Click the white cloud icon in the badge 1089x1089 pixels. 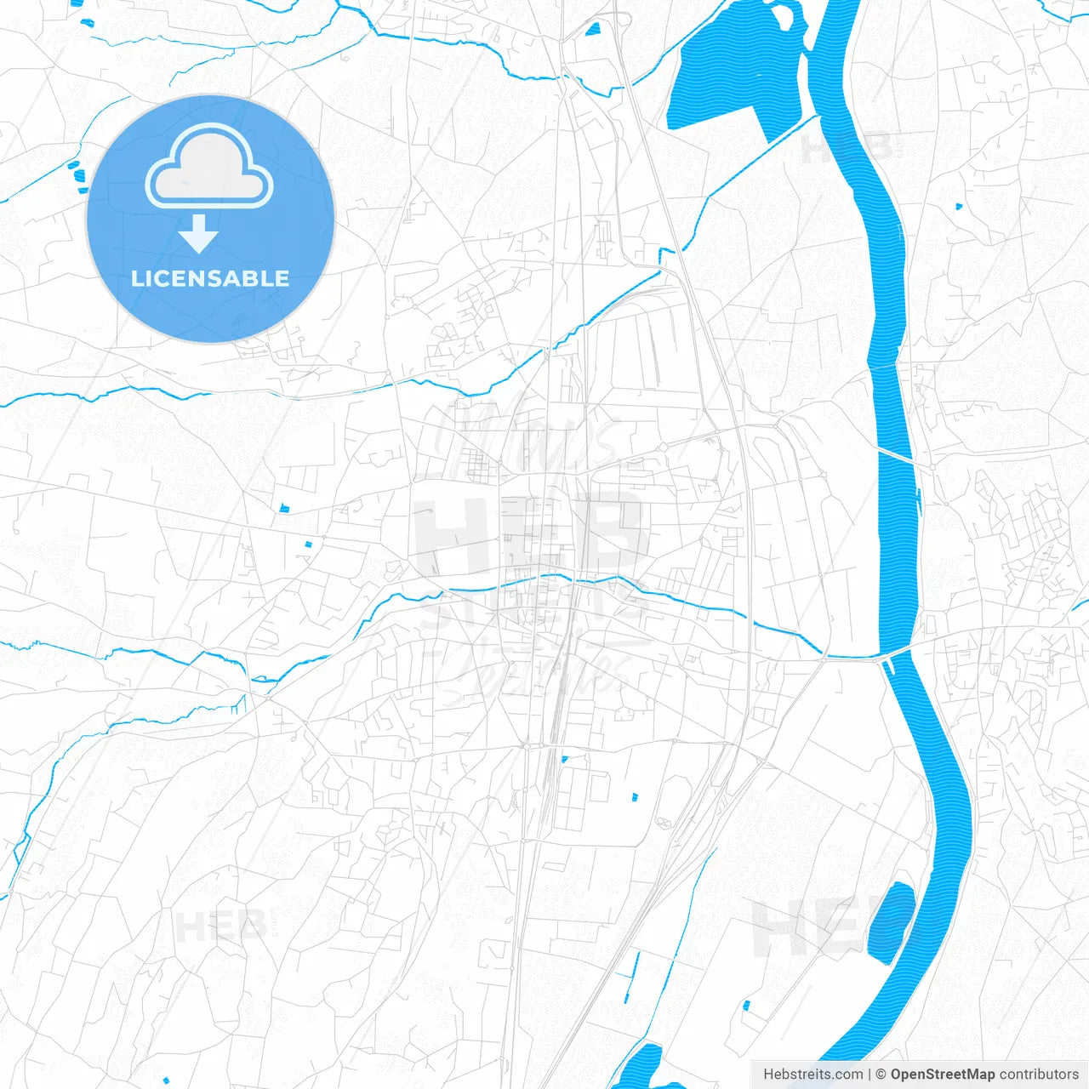pyautogui.click(x=209, y=166)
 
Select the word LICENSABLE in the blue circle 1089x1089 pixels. pyautogui.click(x=210, y=278)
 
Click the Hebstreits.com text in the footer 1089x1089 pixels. pyautogui.click(x=812, y=1075)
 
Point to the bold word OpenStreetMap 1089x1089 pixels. pyautogui.click(x=942, y=1075)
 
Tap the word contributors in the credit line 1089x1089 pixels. pyautogui.click(x=1038, y=1075)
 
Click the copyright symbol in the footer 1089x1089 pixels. pyautogui.click(x=881, y=1075)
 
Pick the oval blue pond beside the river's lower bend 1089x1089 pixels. pyautogui.click(x=890, y=923)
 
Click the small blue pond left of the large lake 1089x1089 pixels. pyautogui.click(x=591, y=29)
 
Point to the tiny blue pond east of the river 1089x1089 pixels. pyautogui.click(x=959, y=206)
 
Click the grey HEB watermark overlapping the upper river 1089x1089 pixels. pyautogui.click(x=847, y=147)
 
